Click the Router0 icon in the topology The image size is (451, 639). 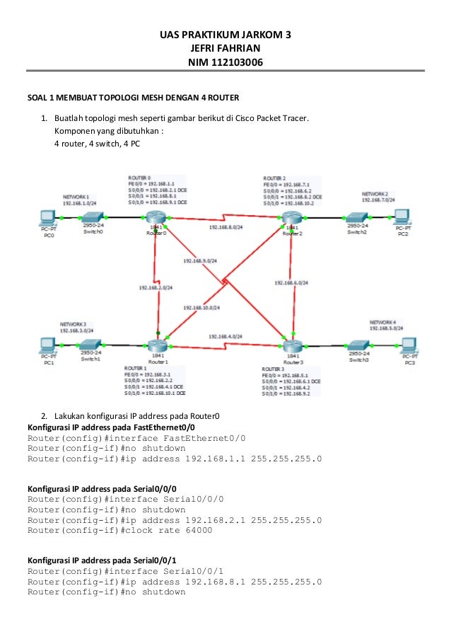[155, 220]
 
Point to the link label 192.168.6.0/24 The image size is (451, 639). [290, 282]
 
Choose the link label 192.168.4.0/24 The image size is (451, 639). [225, 335]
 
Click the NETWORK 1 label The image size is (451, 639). [76, 196]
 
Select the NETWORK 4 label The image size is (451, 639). [385, 321]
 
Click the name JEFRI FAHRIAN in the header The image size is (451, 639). [225, 48]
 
